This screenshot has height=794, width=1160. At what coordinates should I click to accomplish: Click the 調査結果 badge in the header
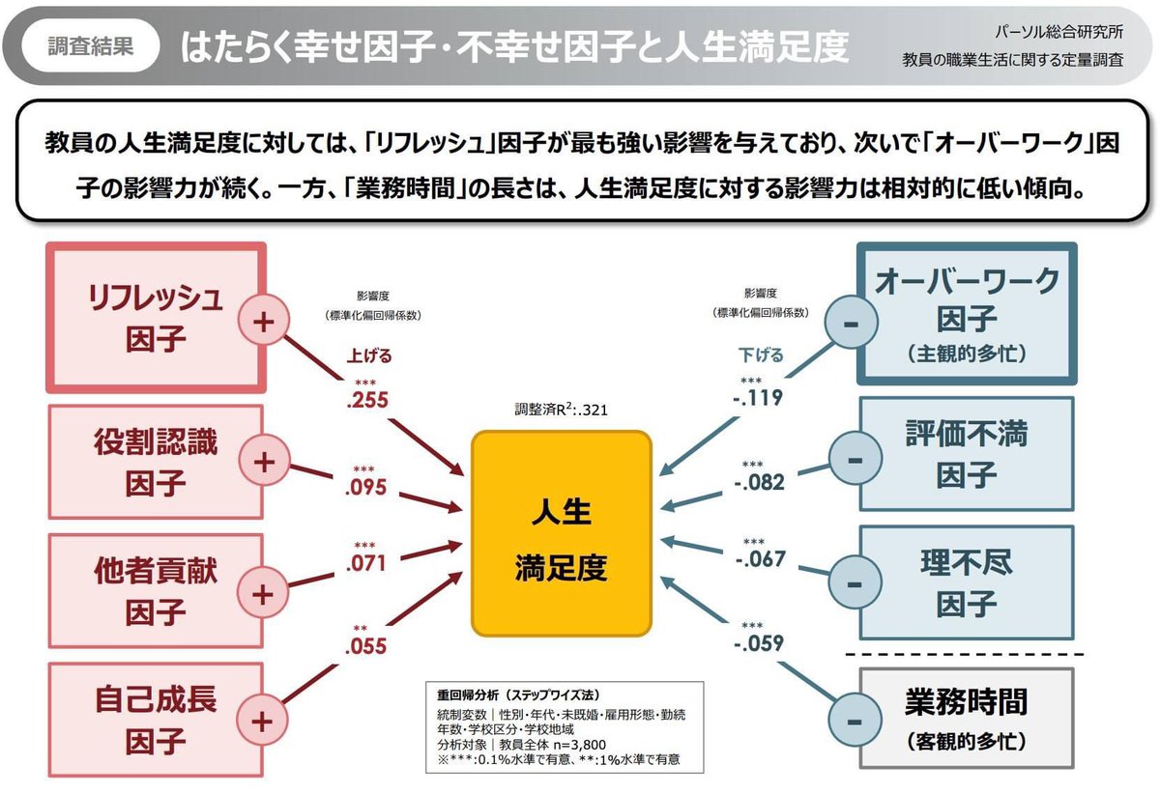(91, 45)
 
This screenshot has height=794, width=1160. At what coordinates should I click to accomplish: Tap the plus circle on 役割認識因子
(264, 462)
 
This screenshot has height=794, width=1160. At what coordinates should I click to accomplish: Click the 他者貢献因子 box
(155, 589)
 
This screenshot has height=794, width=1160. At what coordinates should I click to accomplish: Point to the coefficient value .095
(365, 487)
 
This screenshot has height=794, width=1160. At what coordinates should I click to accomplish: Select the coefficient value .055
(365, 647)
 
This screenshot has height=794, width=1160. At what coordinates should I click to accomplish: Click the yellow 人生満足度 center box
(561, 533)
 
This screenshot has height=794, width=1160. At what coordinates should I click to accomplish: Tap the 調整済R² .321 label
(561, 410)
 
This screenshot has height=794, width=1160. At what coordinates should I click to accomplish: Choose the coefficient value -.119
(758, 396)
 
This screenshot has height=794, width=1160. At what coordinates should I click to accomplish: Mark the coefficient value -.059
(759, 641)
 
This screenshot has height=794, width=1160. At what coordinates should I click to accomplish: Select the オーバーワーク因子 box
(967, 313)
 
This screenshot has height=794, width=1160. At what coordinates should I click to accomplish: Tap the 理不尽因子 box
(967, 581)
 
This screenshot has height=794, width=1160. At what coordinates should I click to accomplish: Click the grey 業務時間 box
(967, 717)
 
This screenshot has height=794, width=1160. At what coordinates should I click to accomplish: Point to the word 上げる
(369, 355)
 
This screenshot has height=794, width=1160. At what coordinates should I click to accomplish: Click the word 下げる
(761, 355)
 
